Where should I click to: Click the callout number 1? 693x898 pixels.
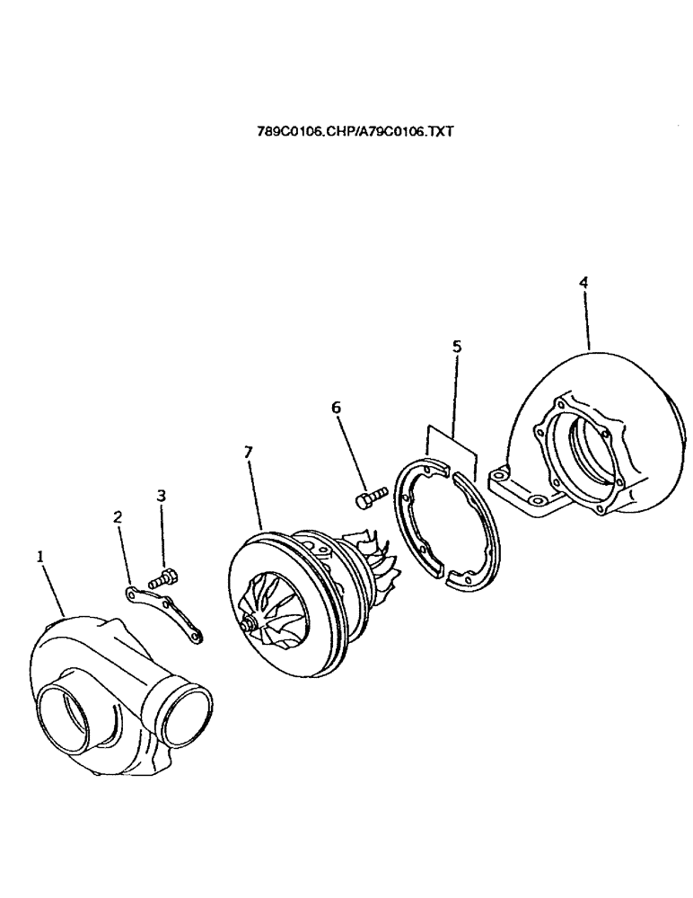(39, 557)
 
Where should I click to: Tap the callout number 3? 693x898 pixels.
(162, 495)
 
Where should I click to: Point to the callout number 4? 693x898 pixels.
(583, 282)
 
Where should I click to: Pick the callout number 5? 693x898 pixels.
(456, 345)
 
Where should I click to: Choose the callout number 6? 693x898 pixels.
(337, 407)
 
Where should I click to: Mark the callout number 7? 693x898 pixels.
(247, 452)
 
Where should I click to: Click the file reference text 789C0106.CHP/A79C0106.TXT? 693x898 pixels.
(356, 131)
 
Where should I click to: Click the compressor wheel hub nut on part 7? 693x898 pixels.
(246, 621)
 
